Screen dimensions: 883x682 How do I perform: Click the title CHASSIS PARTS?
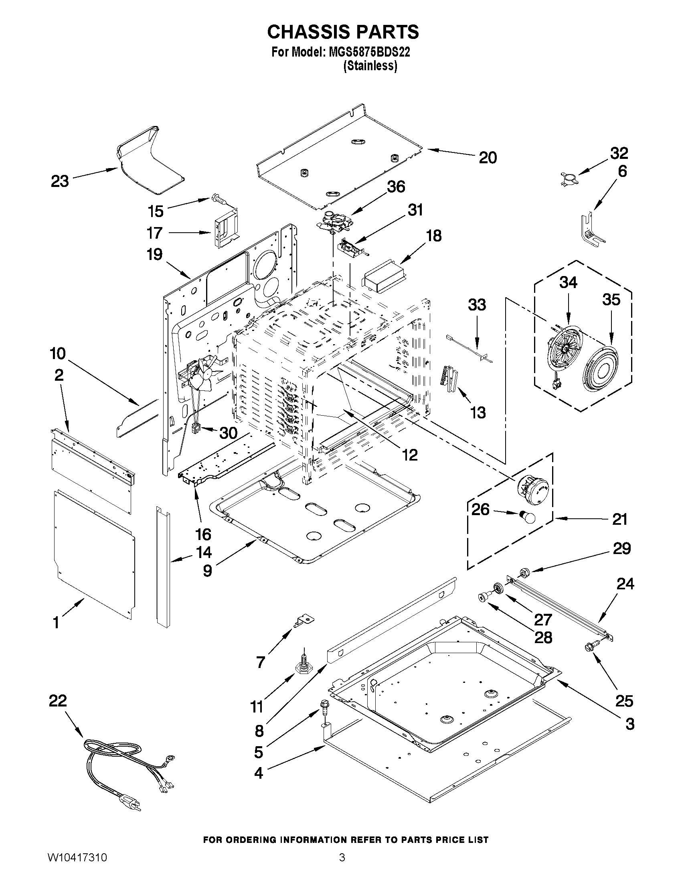point(343,32)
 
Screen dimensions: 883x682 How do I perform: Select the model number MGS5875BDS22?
point(367,52)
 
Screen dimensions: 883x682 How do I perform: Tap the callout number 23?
point(60,181)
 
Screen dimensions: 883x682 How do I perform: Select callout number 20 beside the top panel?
point(488,158)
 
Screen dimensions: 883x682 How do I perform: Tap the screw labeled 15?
point(218,199)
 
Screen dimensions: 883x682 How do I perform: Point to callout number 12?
point(409,455)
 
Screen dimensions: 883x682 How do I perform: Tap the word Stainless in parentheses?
point(370,66)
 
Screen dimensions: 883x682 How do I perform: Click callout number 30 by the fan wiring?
point(228,433)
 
